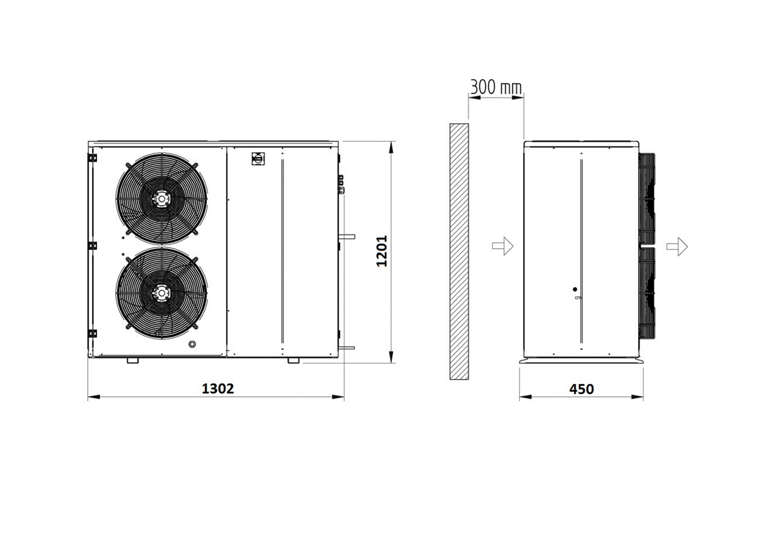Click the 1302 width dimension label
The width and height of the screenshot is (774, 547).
coord(217,388)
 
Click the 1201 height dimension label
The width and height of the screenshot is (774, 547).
coord(381,251)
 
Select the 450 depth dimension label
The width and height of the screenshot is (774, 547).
coord(582,389)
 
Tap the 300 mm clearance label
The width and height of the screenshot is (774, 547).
coord(496,87)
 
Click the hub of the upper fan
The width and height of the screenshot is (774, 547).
coord(162,199)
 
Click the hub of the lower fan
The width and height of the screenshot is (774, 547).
coord(162,292)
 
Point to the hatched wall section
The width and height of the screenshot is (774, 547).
coord(459,251)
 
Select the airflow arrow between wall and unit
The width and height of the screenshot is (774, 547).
coord(502,246)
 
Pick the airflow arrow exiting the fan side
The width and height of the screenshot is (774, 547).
coord(677,246)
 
